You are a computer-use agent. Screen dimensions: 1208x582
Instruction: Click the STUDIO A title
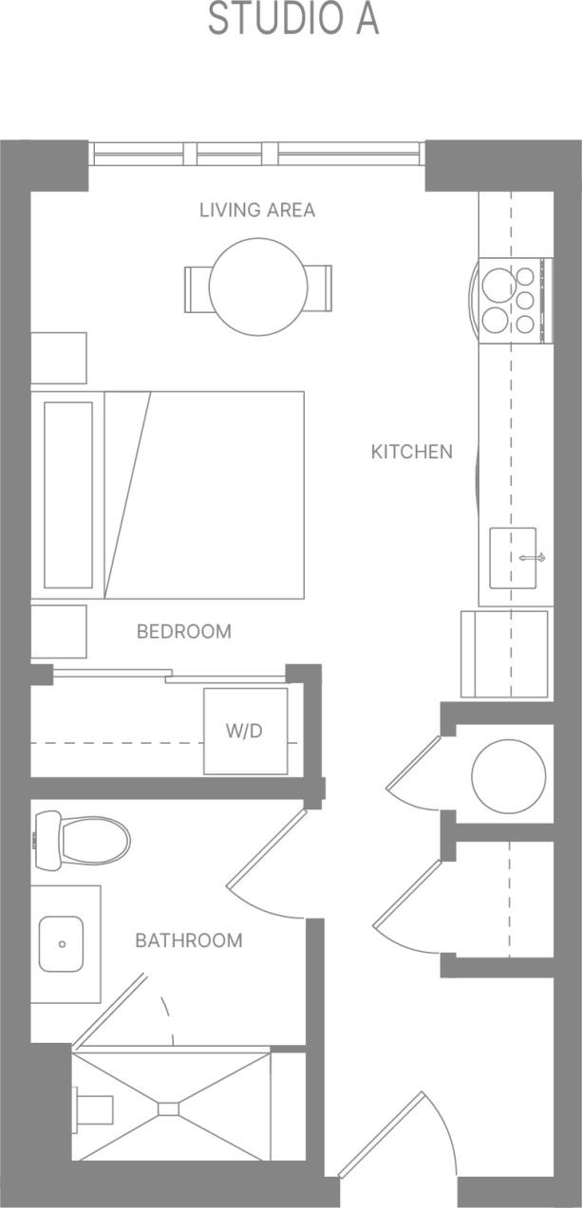293,20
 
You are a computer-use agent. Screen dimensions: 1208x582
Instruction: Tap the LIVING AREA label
256,210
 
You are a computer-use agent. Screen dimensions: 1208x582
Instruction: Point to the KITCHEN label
411,452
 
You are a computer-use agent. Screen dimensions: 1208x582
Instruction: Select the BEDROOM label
183,631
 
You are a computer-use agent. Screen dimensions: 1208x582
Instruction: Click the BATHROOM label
188,940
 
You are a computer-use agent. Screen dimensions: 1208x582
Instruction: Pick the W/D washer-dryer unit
246,731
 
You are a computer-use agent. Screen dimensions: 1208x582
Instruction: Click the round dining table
258,287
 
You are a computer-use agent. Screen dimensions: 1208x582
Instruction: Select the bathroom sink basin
61,944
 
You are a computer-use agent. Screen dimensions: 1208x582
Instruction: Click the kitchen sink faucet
529,558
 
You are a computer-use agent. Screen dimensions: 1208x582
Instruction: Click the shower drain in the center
169,1107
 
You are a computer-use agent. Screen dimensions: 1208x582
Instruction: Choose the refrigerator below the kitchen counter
504,654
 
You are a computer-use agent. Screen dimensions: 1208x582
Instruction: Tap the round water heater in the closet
509,776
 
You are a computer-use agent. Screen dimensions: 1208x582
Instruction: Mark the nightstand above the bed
59,358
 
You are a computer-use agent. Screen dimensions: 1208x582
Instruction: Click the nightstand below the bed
59,631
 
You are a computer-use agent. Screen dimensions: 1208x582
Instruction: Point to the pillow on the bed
68,494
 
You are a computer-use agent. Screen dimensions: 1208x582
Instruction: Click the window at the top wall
255,153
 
